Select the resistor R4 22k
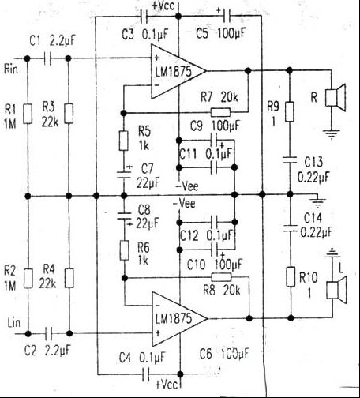pyautogui.click(x=68, y=278)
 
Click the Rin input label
pyautogui.click(x=13, y=66)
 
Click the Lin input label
pyautogui.click(x=13, y=324)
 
